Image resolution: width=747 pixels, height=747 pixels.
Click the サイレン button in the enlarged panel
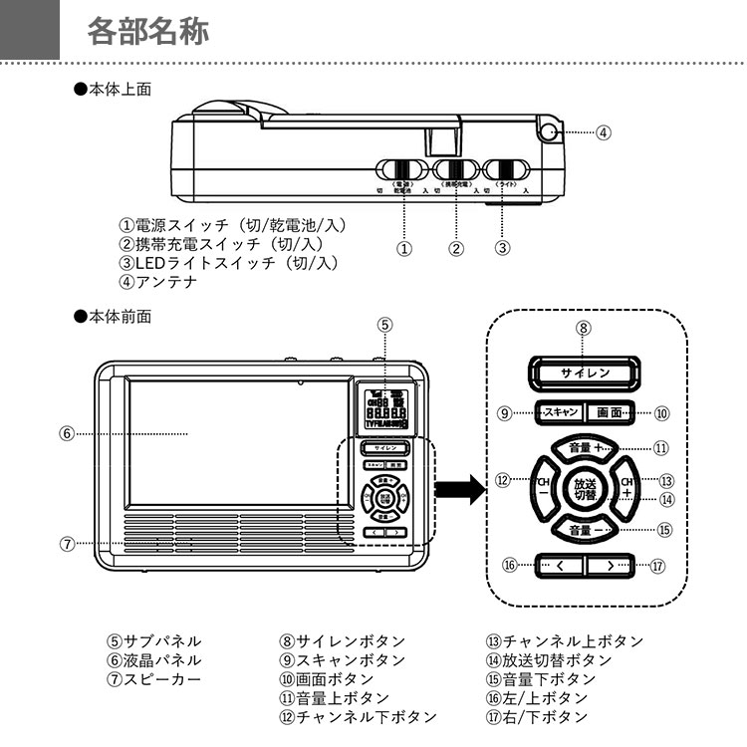pyautogui.click(x=585, y=373)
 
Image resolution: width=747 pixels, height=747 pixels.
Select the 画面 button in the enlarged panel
pyautogui.click(x=609, y=411)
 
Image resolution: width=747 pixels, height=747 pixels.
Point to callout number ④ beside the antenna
pyautogui.click(x=604, y=131)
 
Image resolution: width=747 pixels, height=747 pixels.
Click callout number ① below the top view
pyautogui.click(x=404, y=248)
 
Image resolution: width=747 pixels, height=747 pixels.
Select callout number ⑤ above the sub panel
pyautogui.click(x=385, y=324)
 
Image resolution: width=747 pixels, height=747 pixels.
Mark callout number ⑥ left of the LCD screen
pyautogui.click(x=66, y=433)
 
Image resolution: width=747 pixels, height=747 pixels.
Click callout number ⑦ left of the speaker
pyautogui.click(x=66, y=544)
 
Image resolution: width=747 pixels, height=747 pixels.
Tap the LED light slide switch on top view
pyautogui.click(x=507, y=168)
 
